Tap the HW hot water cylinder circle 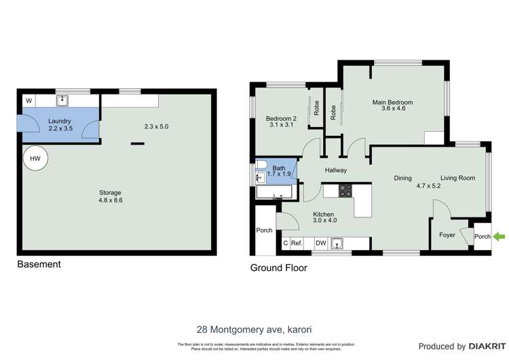(32, 159)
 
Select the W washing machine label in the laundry (29, 102)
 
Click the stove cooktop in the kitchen (346, 192)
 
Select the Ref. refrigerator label (297, 243)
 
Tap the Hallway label (335, 170)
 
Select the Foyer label (447, 235)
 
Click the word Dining (403, 178)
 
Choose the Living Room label (457, 178)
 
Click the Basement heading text (39, 264)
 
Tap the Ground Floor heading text (278, 268)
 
